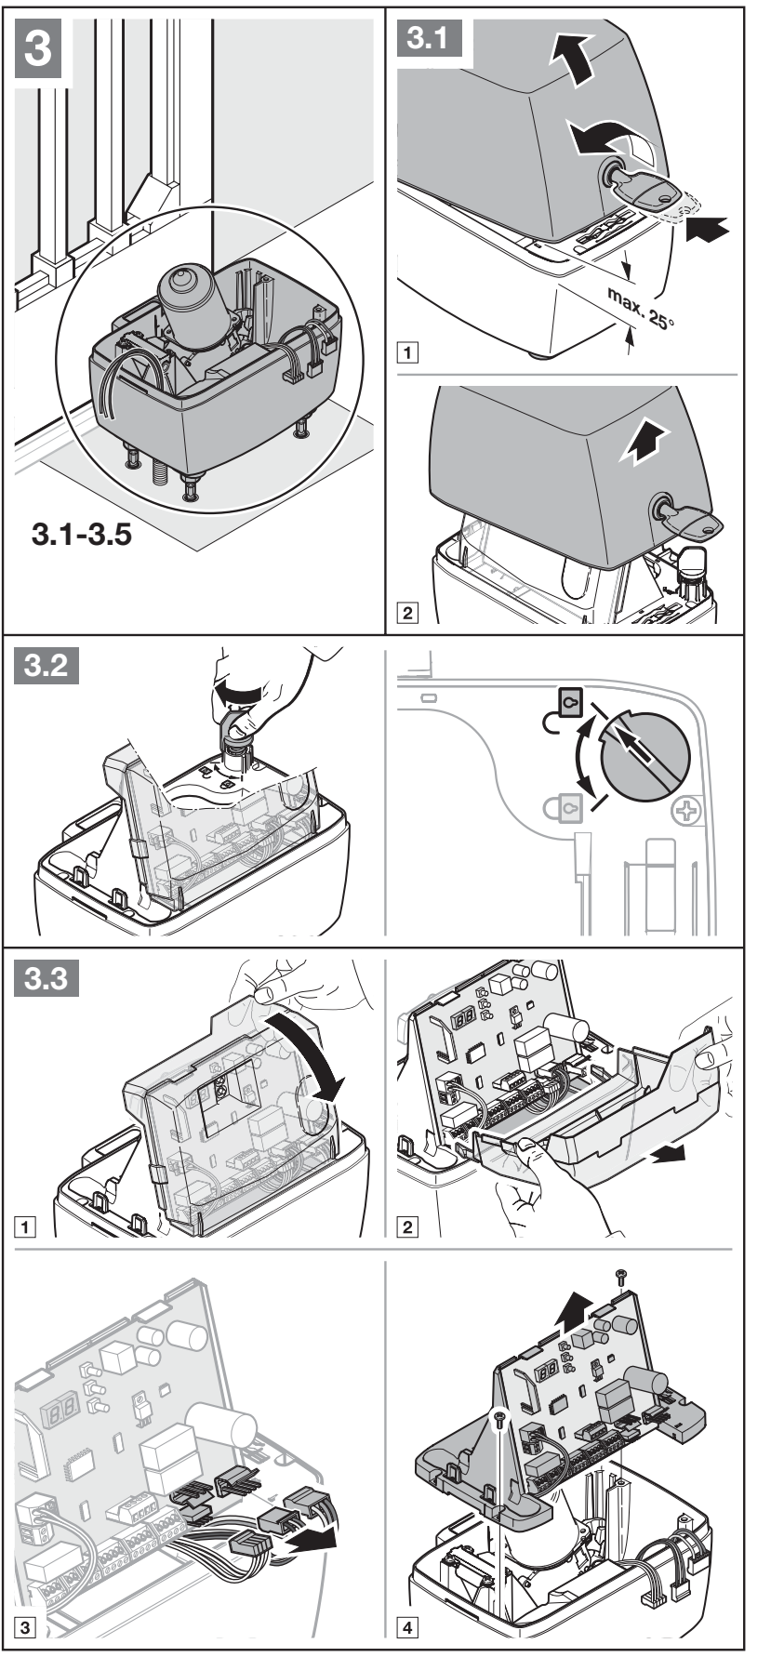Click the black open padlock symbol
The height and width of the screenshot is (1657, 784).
(563, 709)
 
